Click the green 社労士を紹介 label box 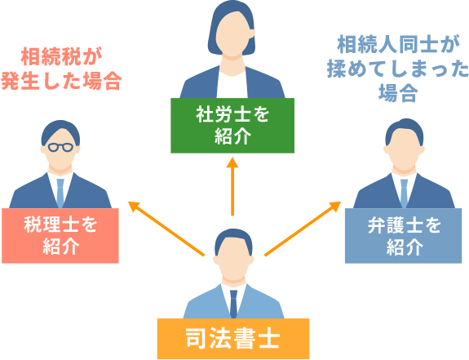(x=232, y=126)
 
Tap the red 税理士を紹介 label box (x=60, y=235)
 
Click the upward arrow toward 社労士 (x=232, y=184)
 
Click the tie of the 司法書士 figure (x=233, y=303)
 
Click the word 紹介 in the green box (x=232, y=136)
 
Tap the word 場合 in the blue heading (x=398, y=94)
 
